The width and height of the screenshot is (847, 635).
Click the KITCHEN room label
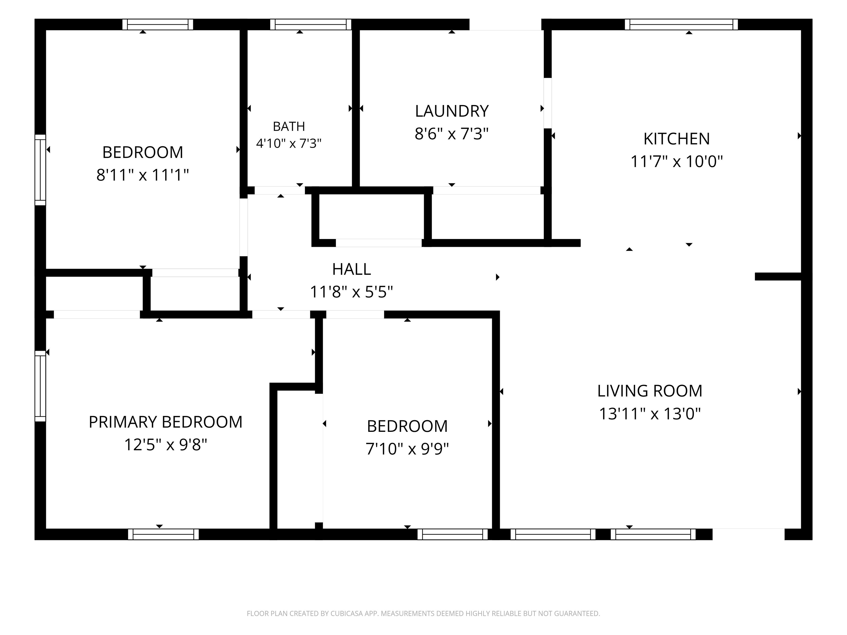677,139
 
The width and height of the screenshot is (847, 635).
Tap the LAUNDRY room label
452,111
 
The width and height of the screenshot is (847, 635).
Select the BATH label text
289,126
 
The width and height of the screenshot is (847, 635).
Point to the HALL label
352,270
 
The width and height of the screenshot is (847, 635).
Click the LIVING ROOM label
650,391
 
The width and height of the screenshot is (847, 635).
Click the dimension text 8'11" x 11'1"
143,175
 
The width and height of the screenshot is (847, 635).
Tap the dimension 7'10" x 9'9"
407,449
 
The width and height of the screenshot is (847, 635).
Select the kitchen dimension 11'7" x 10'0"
677,162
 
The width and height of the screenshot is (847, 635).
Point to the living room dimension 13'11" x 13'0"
650,414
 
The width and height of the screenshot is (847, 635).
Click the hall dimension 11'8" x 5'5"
352,292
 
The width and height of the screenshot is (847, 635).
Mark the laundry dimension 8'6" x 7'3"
452,134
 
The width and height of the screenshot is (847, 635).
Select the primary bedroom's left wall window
40,386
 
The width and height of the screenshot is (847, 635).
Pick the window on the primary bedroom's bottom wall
163,534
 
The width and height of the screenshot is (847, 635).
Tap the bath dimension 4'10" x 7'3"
289,144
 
